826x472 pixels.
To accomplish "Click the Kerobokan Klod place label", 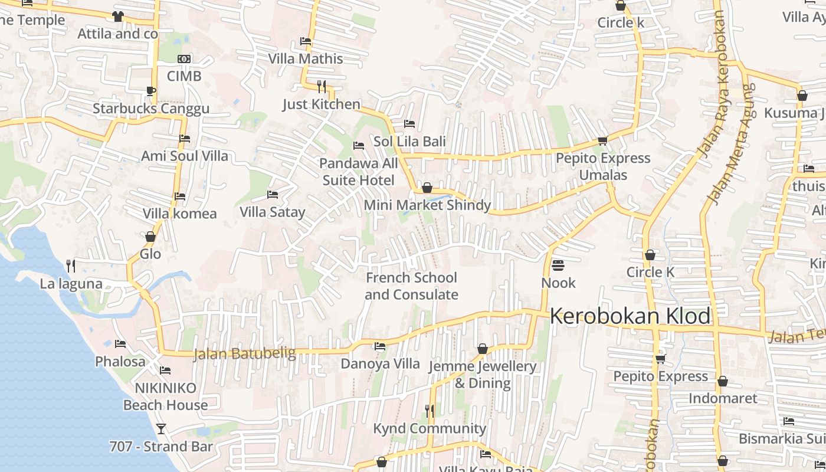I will [x=630, y=316].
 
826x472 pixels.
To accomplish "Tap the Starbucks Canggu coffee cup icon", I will [x=150, y=91].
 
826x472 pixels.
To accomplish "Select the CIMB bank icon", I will [x=184, y=59].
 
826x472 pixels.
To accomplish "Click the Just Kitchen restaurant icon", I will [x=322, y=87].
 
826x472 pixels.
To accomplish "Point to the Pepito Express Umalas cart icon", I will [x=602, y=140].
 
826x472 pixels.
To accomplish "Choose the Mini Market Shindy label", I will [x=427, y=205].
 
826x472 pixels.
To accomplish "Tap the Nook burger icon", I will [x=558, y=265].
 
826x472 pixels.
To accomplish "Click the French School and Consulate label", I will [x=411, y=286].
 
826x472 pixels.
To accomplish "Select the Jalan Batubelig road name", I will [x=244, y=353].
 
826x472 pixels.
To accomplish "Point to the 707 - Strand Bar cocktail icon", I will [x=161, y=428].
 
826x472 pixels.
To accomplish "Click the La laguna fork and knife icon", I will [x=71, y=266].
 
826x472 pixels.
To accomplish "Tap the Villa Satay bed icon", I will [x=273, y=194].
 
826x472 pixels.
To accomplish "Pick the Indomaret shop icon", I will [x=722, y=381].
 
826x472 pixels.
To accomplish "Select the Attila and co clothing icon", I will [x=118, y=17].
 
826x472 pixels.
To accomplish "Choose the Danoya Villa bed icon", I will [x=380, y=346].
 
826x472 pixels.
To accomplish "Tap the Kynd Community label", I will [x=430, y=428].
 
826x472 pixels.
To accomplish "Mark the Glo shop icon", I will [x=150, y=237].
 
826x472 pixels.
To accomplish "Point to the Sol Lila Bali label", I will [x=409, y=142].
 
